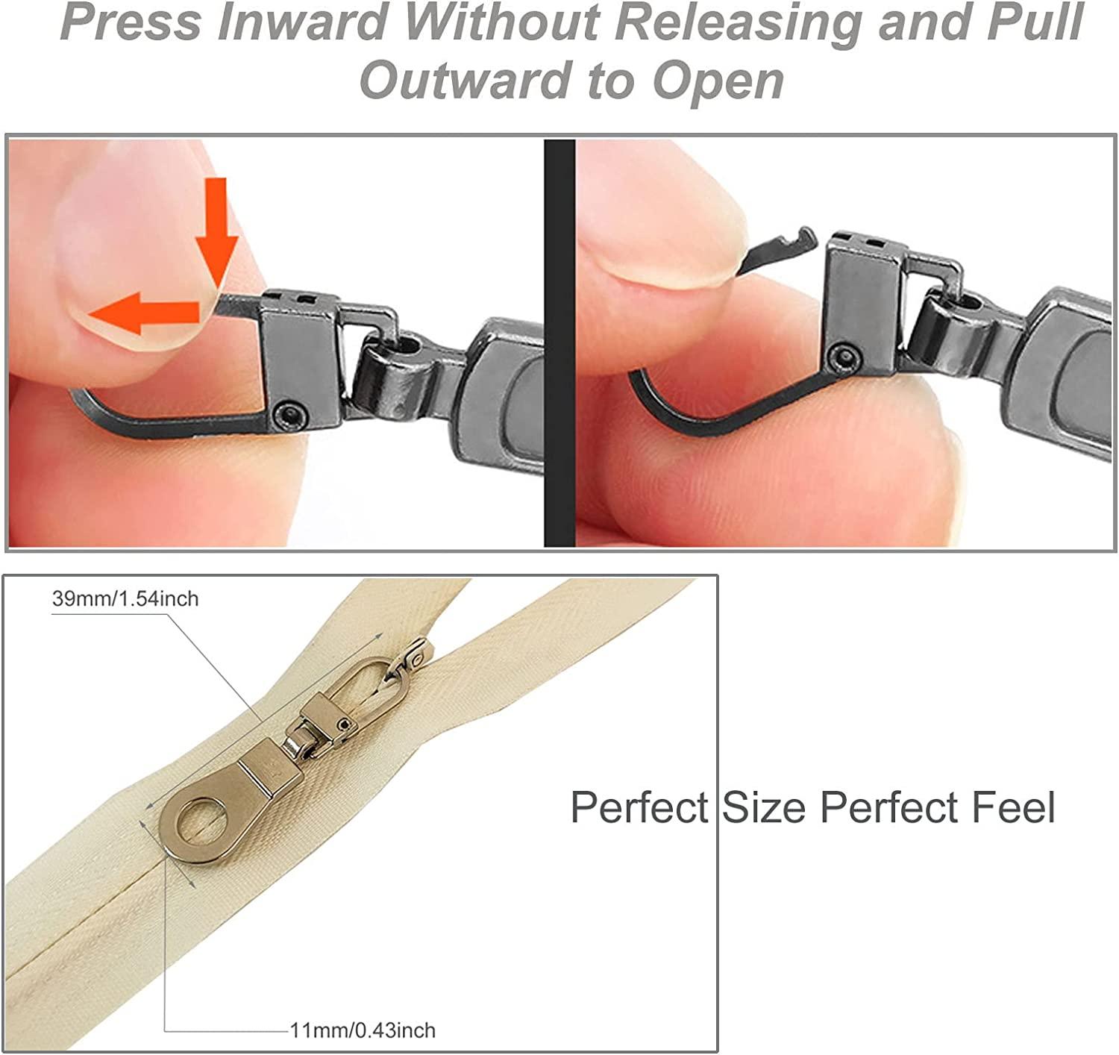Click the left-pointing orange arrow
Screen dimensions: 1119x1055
point(144,313)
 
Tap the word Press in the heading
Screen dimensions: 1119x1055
point(130,22)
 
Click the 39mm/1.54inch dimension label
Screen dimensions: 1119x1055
point(125,598)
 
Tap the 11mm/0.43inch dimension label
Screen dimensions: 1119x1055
point(363,1030)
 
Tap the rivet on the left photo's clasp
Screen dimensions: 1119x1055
point(290,416)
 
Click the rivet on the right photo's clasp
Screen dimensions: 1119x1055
point(844,356)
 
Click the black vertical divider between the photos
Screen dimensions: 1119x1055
point(559,342)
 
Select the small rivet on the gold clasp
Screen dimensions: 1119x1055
point(342,723)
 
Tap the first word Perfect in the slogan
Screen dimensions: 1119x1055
point(639,807)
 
